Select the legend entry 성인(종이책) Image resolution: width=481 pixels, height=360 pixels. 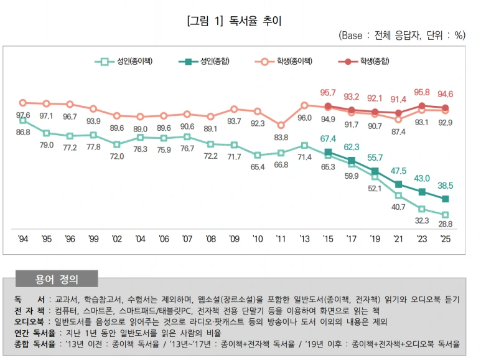coord(134,61)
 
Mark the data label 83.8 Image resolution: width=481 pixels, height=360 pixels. coord(281,138)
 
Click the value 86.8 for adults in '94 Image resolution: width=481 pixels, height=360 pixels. coord(23,132)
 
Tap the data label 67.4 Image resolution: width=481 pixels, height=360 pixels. coord(327,138)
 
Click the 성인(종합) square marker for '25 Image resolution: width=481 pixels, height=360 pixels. coord(446,199)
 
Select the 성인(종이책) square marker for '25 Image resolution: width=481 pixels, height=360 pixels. coord(446,214)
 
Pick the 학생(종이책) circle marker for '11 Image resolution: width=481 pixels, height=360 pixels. coord(281,125)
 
